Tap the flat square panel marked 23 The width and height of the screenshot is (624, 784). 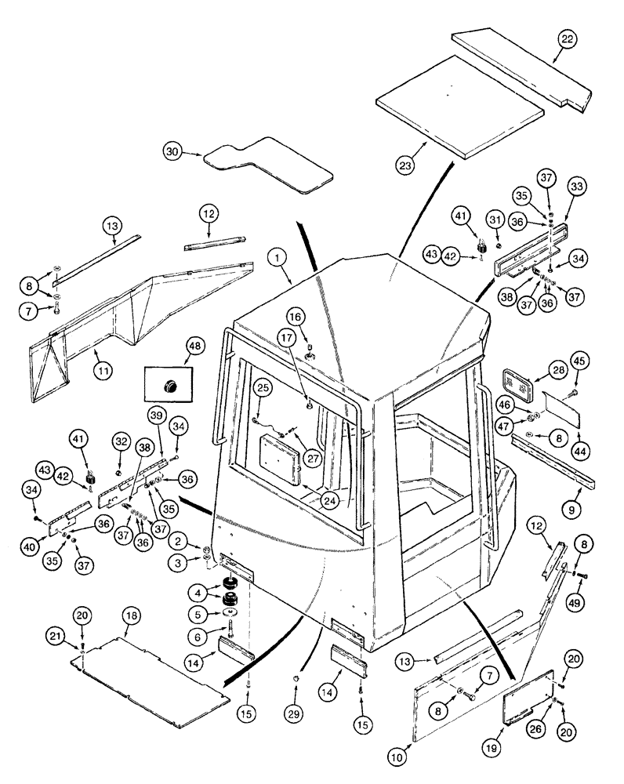(459, 106)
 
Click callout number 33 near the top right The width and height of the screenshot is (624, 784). (576, 187)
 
